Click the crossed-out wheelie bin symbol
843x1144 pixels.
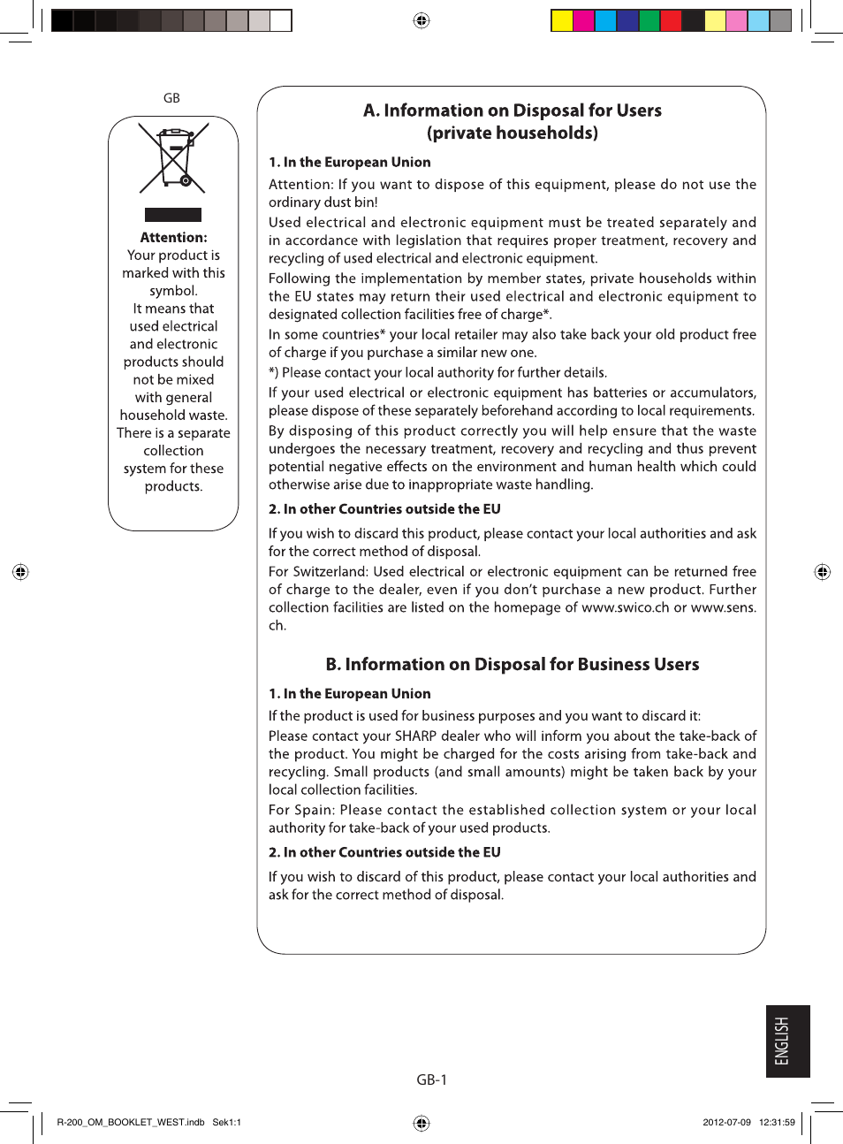click(x=173, y=158)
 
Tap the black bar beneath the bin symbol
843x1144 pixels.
click(x=173, y=215)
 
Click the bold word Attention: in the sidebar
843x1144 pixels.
click(x=173, y=237)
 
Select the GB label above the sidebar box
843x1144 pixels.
click(x=171, y=98)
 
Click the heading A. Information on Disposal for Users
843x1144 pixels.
click(x=512, y=111)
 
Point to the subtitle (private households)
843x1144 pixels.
click(x=512, y=133)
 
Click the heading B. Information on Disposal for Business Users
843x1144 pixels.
click(x=512, y=664)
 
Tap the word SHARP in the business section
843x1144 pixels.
click(x=415, y=736)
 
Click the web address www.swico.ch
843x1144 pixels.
click(x=626, y=607)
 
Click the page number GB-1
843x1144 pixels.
click(x=431, y=1079)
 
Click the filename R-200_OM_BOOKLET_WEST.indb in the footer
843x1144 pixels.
click(x=131, y=1122)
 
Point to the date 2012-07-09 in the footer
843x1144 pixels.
click(x=726, y=1122)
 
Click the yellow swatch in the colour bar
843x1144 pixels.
click(x=562, y=20)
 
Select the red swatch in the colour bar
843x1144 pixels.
click(x=671, y=20)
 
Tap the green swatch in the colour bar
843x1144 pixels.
click(x=649, y=20)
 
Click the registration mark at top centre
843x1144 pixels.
click(x=421, y=20)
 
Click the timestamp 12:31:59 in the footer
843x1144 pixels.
click(x=777, y=1122)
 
